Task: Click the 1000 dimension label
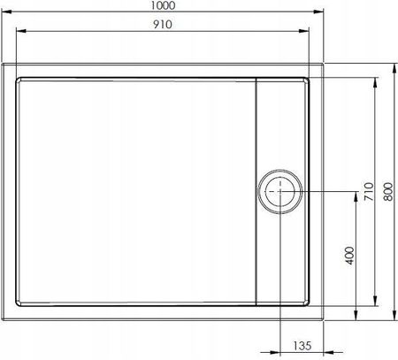click(x=163, y=5)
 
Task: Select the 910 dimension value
click(x=163, y=25)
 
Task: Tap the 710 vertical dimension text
click(x=369, y=192)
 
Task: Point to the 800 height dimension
click(x=388, y=192)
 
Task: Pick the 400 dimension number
click(x=349, y=256)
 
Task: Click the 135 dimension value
click(x=302, y=346)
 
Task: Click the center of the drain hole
click(x=279, y=191)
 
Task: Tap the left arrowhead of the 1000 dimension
click(x=6, y=11)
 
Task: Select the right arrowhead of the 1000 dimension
click(x=318, y=11)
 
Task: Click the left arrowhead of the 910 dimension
click(x=21, y=31)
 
